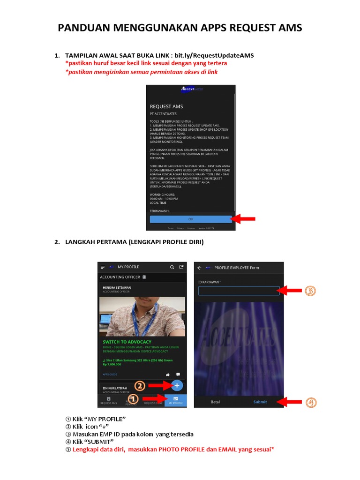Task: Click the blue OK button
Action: click(x=191, y=219)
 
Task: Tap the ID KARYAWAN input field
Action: click(x=239, y=291)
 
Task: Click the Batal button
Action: click(x=215, y=402)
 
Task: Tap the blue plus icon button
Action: click(x=177, y=385)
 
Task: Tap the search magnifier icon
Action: click(x=172, y=267)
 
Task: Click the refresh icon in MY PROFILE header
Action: click(x=181, y=267)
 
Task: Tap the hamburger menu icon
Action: click(x=103, y=267)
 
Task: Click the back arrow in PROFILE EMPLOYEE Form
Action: click(x=199, y=268)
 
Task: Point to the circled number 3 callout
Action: click(x=310, y=291)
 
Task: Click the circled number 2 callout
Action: click(x=140, y=386)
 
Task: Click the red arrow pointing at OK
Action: click(x=245, y=219)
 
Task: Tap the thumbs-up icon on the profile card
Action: click(x=168, y=375)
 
